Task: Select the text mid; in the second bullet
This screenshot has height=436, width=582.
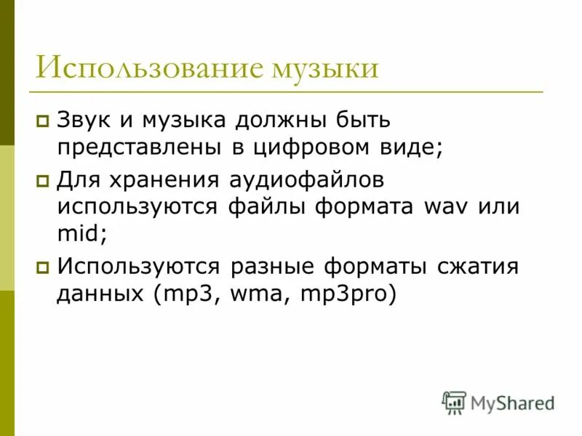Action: coord(80,234)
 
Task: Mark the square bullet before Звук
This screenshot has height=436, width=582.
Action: coord(43,121)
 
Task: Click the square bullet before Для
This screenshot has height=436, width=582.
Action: coord(43,179)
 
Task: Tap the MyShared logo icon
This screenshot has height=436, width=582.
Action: coord(454,402)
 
